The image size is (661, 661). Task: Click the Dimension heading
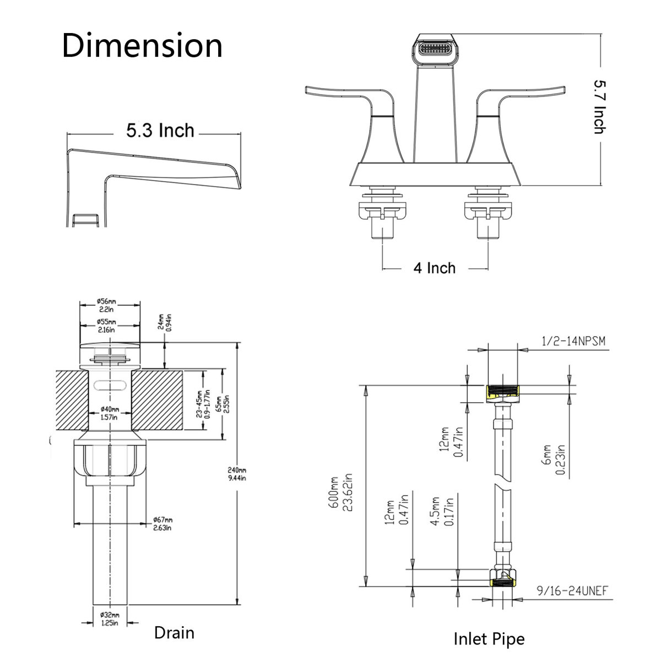coord(142,46)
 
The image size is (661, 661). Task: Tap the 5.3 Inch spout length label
coord(160,131)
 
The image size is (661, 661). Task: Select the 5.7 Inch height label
coord(599,107)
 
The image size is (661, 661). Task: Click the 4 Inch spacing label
coord(435,268)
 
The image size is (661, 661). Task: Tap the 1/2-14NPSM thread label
coord(573,342)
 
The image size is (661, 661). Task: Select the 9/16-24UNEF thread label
coord(572,591)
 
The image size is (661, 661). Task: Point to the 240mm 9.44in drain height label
coord(237,474)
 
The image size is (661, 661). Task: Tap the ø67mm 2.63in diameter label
coord(163,524)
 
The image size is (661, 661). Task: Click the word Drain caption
coord(174,633)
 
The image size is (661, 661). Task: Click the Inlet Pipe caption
coord(489,639)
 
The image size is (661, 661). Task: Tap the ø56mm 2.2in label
coord(107,305)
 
